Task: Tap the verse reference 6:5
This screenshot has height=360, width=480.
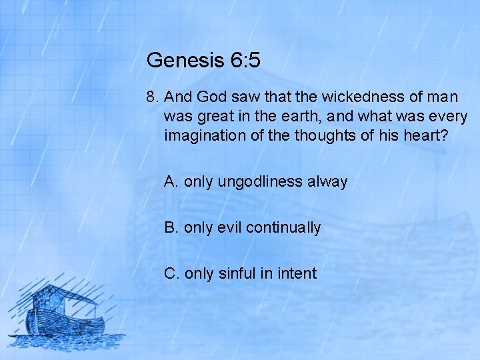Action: click(x=245, y=61)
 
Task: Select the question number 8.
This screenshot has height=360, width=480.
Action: click(x=151, y=97)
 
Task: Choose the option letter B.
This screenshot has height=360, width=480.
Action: click(x=171, y=227)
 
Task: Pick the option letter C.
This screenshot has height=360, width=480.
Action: click(x=171, y=273)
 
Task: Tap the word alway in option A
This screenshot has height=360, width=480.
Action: click(x=330, y=181)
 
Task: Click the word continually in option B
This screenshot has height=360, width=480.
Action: click(x=283, y=227)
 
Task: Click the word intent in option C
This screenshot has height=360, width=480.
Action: click(x=297, y=273)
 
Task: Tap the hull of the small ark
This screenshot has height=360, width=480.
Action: click(x=67, y=326)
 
